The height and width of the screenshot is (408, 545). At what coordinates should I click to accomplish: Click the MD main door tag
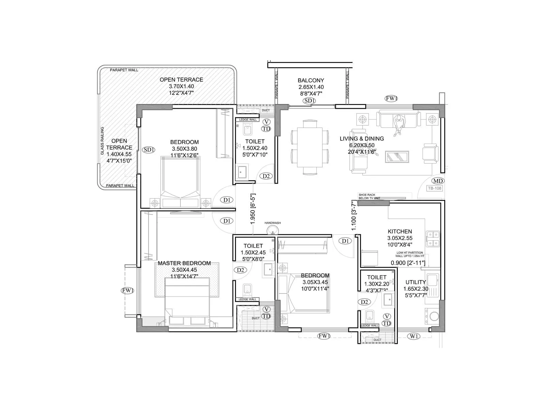coord(438,181)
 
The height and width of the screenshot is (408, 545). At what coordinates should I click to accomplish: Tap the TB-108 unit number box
coord(435,188)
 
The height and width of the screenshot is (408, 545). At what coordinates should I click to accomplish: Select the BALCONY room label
coord(311,81)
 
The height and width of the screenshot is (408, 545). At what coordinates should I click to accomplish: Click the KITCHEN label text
coord(400,232)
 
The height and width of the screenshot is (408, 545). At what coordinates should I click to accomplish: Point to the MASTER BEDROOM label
coord(184,263)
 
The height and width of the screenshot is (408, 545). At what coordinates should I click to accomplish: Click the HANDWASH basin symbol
coord(272,230)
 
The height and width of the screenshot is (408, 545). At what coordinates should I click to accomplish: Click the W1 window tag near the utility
coord(414,336)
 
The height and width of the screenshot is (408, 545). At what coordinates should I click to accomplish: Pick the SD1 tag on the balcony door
coord(310,101)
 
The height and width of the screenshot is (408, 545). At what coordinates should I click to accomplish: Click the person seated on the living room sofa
coord(398,124)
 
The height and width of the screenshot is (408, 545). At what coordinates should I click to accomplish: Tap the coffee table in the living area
coord(397,157)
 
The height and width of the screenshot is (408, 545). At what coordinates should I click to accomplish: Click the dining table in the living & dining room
coord(310,146)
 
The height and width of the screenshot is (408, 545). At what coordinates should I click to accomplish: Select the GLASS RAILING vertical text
coord(102,141)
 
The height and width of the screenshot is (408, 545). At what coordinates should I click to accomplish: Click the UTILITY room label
coord(416,282)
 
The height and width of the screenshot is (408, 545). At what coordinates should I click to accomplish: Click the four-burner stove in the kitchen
coord(432,239)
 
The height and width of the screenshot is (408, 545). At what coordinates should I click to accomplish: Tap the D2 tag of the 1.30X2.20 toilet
coord(364,302)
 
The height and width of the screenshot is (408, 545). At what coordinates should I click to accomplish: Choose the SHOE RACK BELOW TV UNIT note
coord(369,197)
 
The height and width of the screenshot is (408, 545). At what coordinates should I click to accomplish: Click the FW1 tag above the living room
coord(391,99)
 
